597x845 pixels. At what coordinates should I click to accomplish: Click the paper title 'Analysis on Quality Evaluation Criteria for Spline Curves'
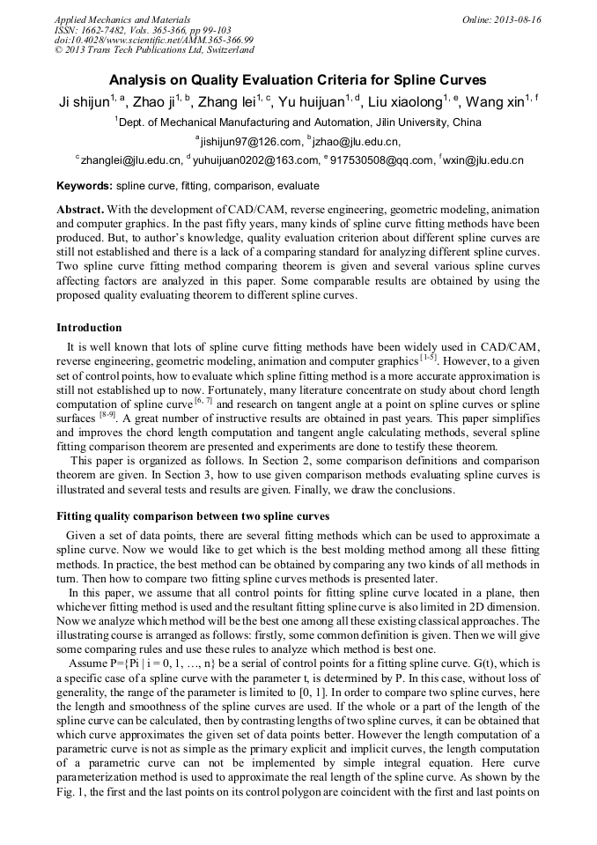(298, 80)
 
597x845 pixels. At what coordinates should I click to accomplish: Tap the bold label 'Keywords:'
(85, 187)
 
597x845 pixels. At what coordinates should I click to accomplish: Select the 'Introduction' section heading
(89, 328)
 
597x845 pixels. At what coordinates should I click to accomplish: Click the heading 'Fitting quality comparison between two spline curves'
(193, 516)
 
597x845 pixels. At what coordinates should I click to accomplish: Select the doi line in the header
(154, 40)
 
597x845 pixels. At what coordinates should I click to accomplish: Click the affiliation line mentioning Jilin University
(298, 122)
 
